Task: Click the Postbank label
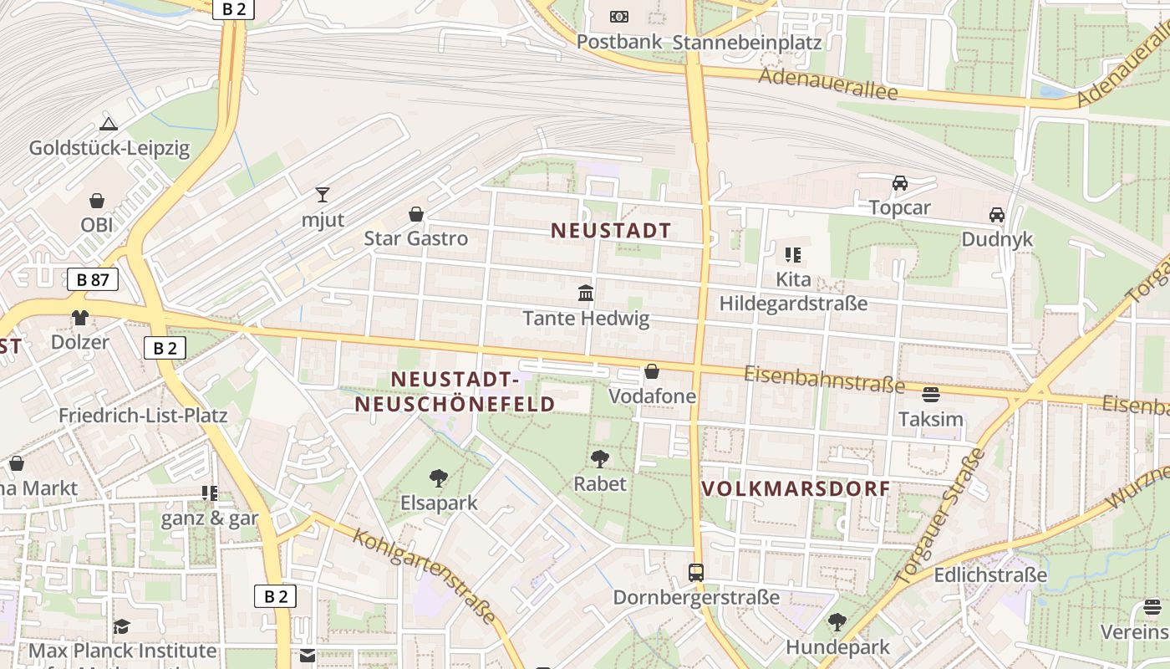point(619,42)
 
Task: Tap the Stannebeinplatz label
point(747,43)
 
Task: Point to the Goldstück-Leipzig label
point(109,149)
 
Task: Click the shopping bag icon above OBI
point(97,202)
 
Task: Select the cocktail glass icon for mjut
point(323,196)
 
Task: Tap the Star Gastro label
point(416,238)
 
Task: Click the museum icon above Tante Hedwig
point(586,294)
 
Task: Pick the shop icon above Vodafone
point(652,371)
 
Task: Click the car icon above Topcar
point(900,183)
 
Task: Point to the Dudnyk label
point(997,239)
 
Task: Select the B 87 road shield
point(93,279)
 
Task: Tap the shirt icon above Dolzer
point(80,318)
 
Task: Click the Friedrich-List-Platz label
point(143,416)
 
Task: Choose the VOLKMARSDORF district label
point(796,489)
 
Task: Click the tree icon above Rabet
point(599,458)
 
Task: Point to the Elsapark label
point(439,503)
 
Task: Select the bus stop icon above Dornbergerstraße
point(696,573)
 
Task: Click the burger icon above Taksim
point(931,395)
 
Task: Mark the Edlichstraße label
point(990,575)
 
